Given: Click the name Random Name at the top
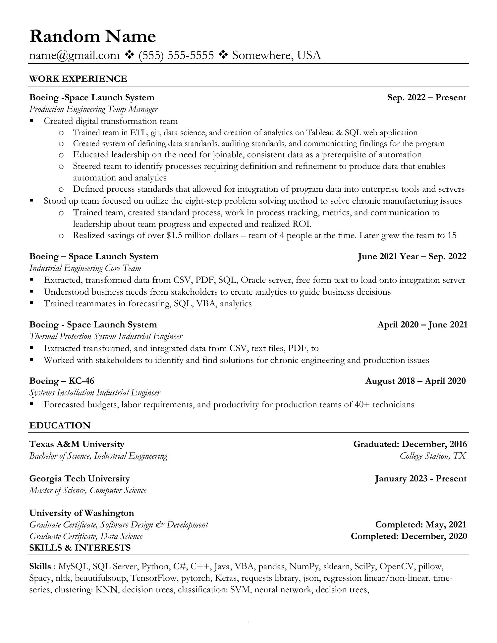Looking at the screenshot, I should [x=92, y=36].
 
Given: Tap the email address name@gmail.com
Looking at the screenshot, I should [x=74, y=55].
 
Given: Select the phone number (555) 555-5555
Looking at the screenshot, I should [x=176, y=55].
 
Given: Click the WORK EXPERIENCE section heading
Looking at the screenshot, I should [x=78, y=79].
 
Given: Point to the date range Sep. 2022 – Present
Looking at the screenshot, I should [x=426, y=98].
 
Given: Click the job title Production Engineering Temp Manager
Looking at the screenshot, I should [x=93, y=109].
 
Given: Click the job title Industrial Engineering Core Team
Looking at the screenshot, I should [x=85, y=268].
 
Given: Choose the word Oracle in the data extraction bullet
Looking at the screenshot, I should [x=253, y=280].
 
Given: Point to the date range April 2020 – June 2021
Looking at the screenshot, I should [x=422, y=324].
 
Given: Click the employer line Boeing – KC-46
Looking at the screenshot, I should [x=62, y=381].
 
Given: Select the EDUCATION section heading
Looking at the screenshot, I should [x=60, y=425].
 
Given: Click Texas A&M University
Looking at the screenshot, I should [x=77, y=444].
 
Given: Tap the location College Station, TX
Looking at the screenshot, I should [x=433, y=456].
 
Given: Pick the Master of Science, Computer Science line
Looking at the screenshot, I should [x=88, y=490].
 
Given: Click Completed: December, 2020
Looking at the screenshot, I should [x=409, y=536].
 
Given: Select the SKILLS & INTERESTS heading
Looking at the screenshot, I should [x=80, y=548].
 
